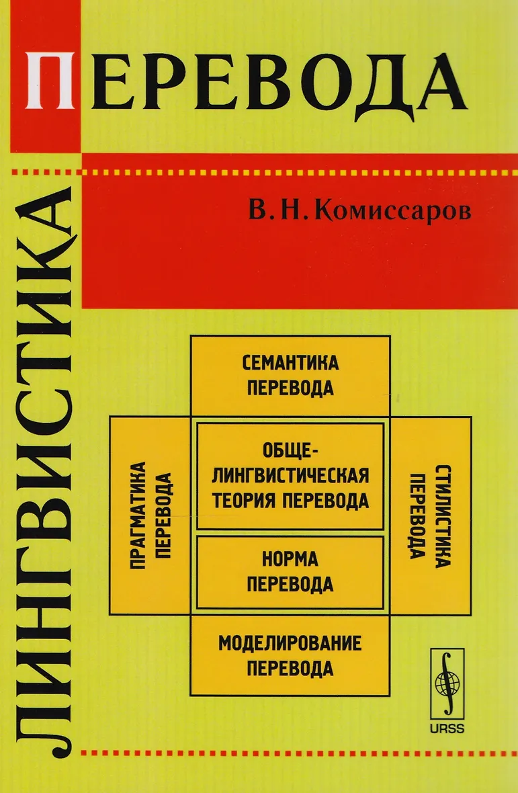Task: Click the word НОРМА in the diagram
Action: (290, 560)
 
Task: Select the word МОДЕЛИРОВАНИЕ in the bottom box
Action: (290, 643)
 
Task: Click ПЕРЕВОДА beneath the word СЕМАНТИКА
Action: (290, 389)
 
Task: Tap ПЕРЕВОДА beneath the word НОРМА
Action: (290, 584)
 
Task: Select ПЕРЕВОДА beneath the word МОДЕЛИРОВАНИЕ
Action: (290, 669)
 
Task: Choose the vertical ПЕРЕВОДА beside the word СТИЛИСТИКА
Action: (418, 515)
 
